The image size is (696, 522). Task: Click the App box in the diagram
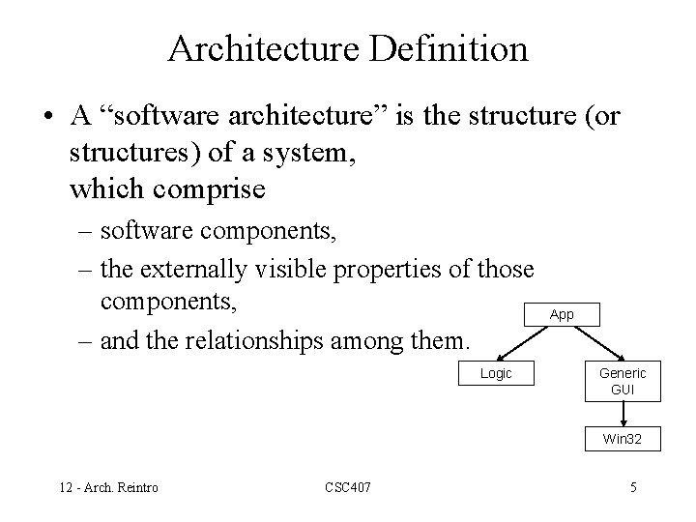point(562,314)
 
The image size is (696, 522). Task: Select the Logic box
point(497,374)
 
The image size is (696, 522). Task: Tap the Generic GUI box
point(623,383)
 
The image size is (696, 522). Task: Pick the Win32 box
point(623,439)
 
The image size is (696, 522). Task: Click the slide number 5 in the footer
point(633,487)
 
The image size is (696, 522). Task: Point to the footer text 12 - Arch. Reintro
point(108,487)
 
